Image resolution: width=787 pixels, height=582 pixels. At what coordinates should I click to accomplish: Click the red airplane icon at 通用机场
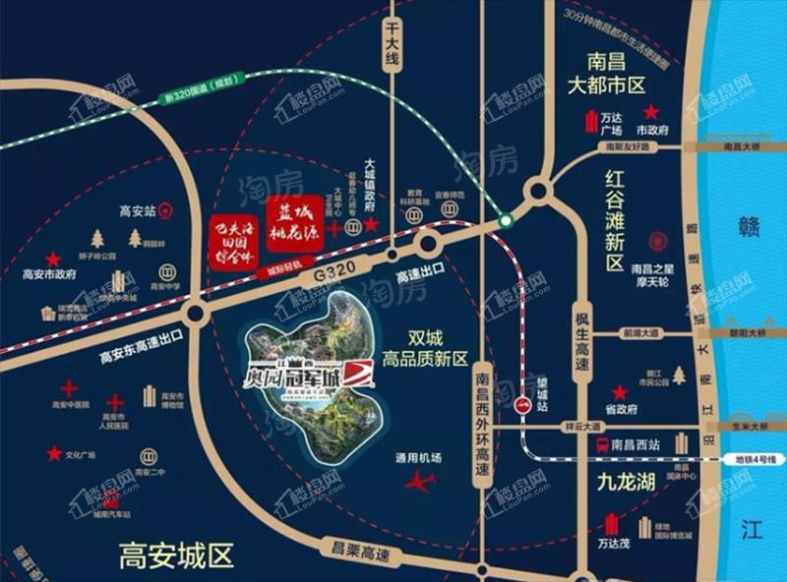click(x=419, y=482)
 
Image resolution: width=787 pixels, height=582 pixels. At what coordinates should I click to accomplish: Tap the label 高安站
click(x=137, y=209)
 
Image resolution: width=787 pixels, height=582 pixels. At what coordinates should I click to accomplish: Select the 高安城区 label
click(x=177, y=556)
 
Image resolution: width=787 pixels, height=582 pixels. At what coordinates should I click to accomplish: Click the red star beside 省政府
click(x=620, y=390)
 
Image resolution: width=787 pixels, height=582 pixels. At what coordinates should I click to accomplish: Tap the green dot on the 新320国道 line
click(x=505, y=220)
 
